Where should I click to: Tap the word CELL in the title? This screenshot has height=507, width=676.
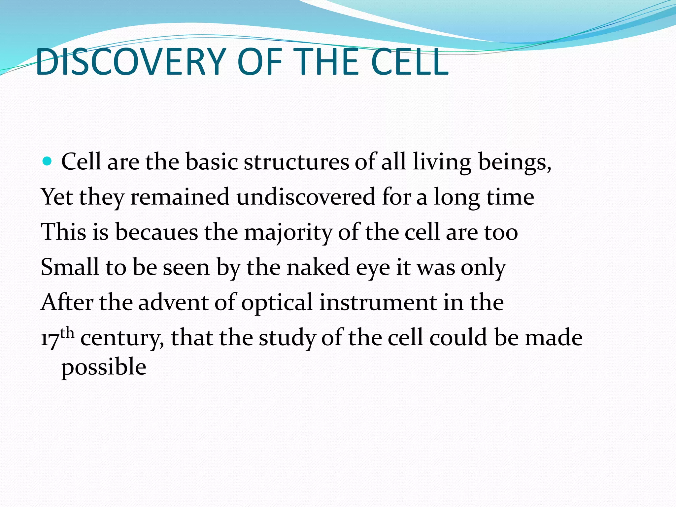[409, 62]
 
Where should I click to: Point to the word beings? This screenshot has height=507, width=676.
[515, 163]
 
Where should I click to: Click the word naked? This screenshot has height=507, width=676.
[318, 267]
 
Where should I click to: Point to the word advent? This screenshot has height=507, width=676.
[173, 302]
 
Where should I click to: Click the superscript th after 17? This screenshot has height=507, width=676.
[67, 333]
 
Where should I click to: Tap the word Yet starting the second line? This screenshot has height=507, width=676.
[56, 197]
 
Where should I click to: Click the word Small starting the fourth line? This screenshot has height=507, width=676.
[70, 267]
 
